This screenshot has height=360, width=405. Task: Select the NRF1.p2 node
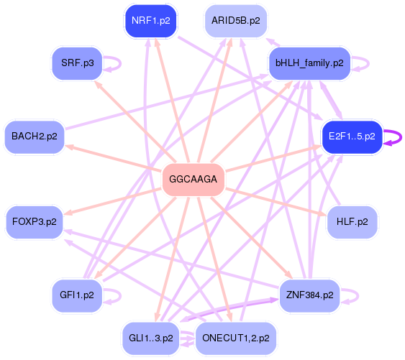click(x=151, y=21)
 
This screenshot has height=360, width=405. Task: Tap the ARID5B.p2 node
click(x=235, y=21)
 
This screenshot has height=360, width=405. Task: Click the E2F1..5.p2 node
click(x=351, y=137)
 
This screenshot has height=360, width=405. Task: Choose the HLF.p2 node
click(x=352, y=222)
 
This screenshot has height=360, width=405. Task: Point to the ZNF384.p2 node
click(x=309, y=295)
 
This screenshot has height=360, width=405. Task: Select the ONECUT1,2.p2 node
click(x=236, y=338)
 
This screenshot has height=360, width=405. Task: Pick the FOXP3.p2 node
click(x=34, y=222)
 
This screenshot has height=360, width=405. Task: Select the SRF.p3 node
click(x=77, y=63)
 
